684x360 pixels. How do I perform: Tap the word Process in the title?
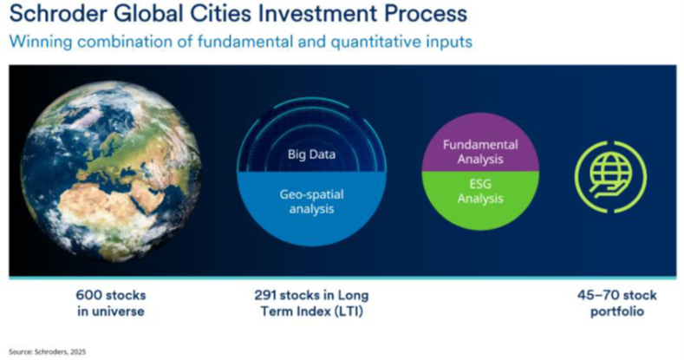click(x=422, y=15)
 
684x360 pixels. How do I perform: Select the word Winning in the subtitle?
click(x=37, y=42)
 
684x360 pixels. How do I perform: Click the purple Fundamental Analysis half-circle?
click(x=480, y=152)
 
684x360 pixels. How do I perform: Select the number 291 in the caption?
click(x=267, y=296)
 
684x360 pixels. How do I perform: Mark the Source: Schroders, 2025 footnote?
click(x=49, y=352)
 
